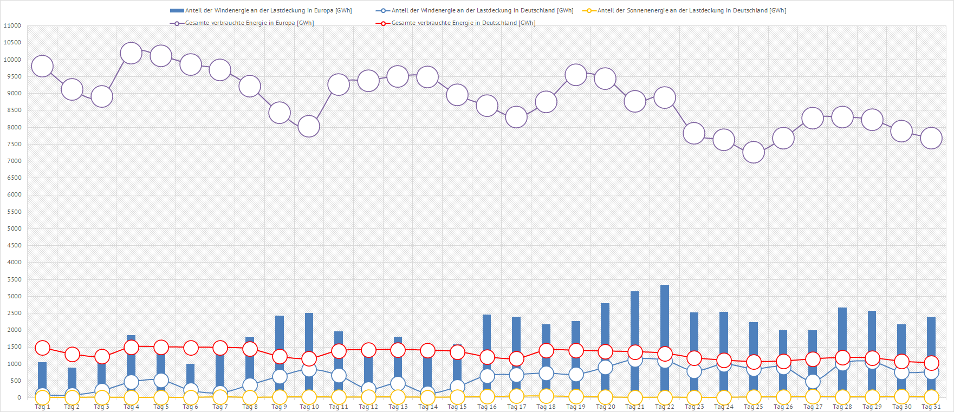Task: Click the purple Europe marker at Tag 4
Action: tap(131, 54)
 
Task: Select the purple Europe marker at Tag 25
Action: tap(754, 152)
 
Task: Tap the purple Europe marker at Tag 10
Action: tap(309, 127)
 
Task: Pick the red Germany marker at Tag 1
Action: tap(42, 348)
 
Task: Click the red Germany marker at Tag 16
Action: tap(487, 357)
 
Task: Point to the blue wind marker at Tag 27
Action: tap(813, 382)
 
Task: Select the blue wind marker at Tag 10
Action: tap(309, 370)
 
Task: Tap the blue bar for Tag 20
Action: tap(605, 330)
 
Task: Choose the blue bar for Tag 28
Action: tap(842, 330)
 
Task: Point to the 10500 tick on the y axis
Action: tap(12, 43)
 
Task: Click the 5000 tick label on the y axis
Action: tap(12, 228)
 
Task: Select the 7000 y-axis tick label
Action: tap(12, 161)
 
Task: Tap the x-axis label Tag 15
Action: tap(457, 407)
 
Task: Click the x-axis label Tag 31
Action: tap(931, 407)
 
